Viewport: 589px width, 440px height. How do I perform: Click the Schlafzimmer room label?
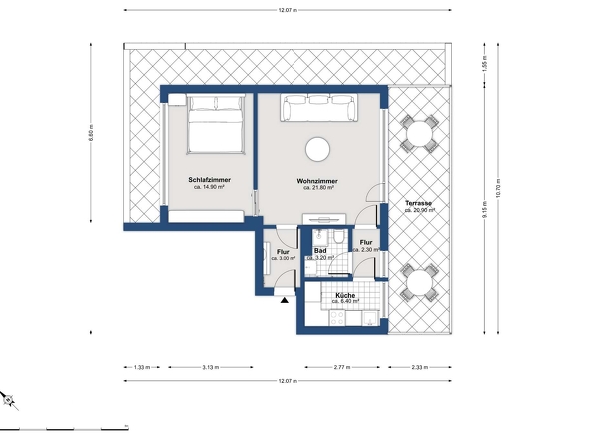pos(211,180)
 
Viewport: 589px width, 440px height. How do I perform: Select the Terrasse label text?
pos(418,204)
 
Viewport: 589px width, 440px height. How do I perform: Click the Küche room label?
pos(345,296)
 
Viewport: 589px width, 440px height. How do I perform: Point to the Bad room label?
pos(320,251)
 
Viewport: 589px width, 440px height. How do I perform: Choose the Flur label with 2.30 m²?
pos(365,242)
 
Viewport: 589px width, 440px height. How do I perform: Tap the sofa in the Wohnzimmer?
pos(319,107)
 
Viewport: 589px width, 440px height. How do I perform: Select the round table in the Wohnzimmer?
pos(318,149)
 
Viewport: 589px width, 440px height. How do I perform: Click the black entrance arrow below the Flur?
pos(285,298)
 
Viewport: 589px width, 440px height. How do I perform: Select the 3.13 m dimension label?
pos(210,367)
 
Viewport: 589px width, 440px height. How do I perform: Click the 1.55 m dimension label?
pos(486,62)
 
